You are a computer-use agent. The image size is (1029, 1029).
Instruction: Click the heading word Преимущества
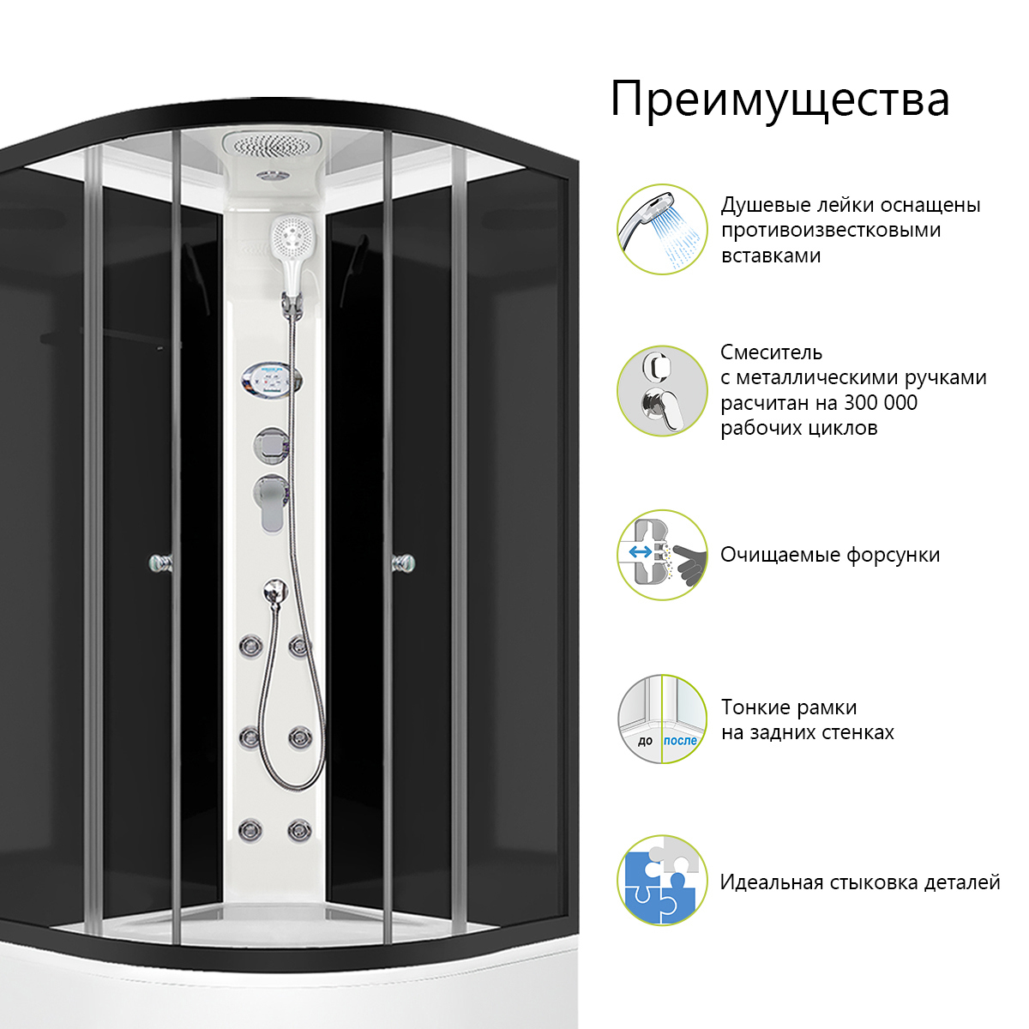(x=779, y=100)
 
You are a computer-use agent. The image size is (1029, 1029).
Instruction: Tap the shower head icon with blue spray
(x=662, y=229)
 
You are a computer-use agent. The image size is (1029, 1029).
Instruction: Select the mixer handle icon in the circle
(x=662, y=391)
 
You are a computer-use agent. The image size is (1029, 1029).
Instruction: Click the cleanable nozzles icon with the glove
(x=662, y=555)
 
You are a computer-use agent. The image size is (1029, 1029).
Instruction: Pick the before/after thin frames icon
(x=662, y=719)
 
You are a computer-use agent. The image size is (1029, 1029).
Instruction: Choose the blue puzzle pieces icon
(x=662, y=881)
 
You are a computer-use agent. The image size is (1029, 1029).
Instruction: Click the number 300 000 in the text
(x=880, y=403)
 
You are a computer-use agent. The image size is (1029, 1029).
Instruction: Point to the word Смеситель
(x=771, y=352)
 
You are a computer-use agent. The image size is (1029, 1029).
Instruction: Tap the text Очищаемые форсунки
(x=829, y=555)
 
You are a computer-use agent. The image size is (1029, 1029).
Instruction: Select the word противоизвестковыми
(x=830, y=231)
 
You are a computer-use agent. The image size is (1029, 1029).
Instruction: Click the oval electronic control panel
(x=271, y=379)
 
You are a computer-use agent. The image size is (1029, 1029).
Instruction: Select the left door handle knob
(x=159, y=563)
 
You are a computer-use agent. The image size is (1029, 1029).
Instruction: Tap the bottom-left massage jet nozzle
(x=250, y=829)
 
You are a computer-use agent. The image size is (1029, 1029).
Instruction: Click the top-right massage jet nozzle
(x=298, y=645)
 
